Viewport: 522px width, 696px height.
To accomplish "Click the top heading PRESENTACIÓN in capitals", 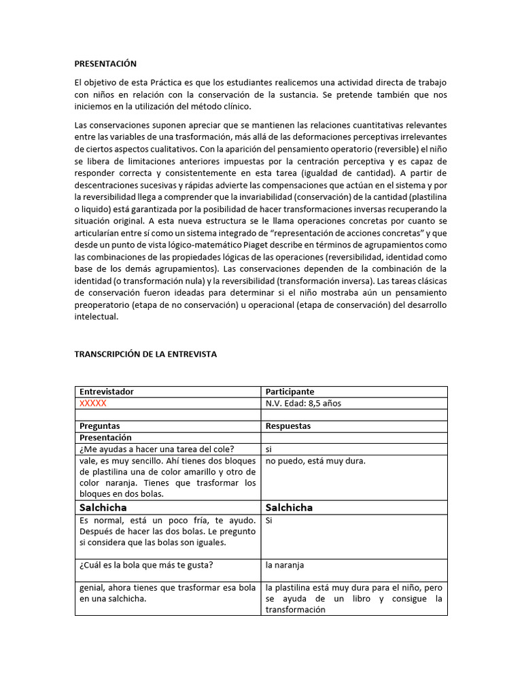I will [105, 64].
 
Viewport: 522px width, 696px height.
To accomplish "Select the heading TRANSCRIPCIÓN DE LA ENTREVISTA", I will [145, 354].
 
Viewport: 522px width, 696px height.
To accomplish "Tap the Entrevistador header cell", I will [107, 391].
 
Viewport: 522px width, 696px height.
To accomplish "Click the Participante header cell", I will [290, 391].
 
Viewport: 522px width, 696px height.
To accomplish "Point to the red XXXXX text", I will [93, 403].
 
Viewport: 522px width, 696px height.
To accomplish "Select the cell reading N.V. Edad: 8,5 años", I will [303, 403].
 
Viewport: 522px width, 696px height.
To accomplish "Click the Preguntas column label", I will [99, 426].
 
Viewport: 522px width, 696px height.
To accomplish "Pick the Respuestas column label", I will [288, 426].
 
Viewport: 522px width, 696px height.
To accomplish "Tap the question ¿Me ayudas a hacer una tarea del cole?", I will [157, 449].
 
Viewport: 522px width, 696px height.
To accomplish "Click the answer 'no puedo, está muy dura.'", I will [315, 461].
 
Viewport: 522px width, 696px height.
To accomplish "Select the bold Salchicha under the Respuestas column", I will [289, 508].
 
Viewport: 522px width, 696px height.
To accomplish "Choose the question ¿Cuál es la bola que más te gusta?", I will [150, 565].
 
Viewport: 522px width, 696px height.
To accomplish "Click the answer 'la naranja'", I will [285, 565].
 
